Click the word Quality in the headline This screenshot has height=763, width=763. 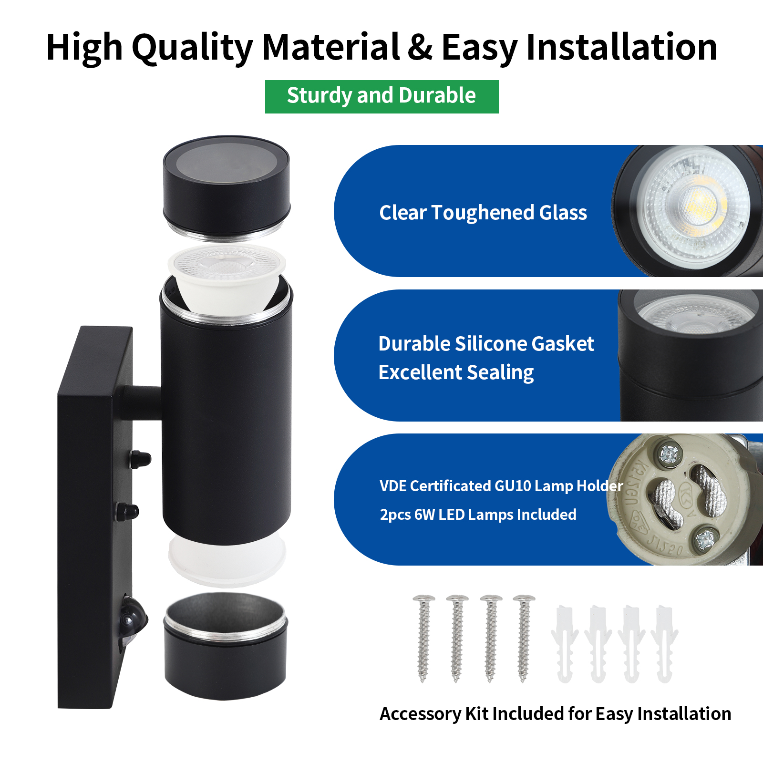[x=192, y=48]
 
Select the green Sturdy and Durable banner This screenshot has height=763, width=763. [x=381, y=96]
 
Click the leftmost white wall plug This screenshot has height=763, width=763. [x=564, y=644]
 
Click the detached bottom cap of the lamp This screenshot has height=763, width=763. [x=226, y=646]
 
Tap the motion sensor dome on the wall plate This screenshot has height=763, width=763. [x=133, y=620]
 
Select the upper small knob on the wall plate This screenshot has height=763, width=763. [x=140, y=459]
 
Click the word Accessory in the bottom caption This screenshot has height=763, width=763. [x=420, y=714]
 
